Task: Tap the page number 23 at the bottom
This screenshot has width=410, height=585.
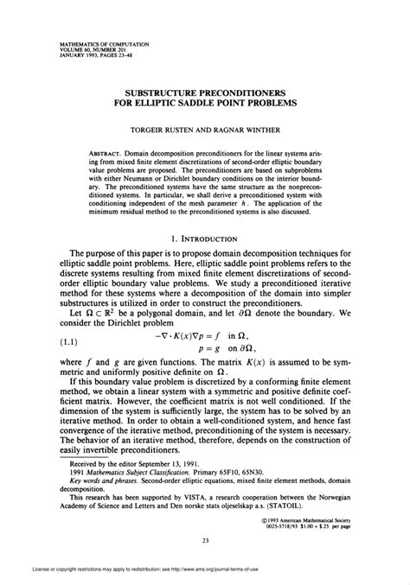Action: pyautogui.click(x=206, y=518)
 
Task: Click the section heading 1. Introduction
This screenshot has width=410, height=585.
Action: pyautogui.click(x=206, y=237)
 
